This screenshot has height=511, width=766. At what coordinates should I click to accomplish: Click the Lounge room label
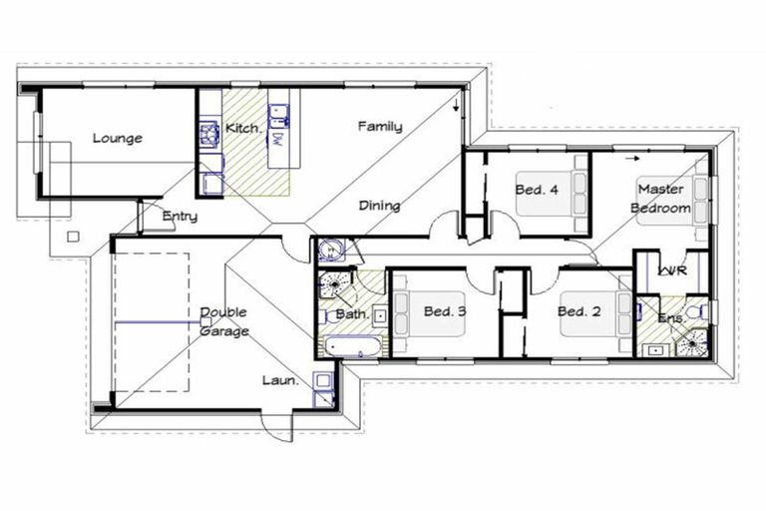118,139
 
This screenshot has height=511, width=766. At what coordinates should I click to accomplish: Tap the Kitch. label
243,129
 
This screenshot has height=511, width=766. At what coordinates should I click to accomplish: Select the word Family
380,127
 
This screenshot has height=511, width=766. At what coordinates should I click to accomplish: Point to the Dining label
379,206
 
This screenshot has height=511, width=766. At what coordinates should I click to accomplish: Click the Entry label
180,217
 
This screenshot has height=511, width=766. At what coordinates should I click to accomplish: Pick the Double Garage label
224,321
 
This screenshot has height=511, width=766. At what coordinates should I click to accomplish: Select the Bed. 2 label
578,311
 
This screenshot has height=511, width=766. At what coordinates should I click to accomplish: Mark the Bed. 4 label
536,189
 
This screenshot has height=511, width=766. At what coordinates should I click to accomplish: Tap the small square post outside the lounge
72,238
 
